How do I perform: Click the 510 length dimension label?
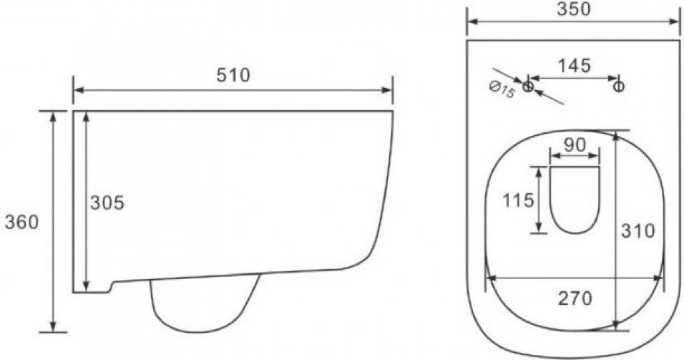(233, 75)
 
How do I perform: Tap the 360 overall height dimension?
(21, 222)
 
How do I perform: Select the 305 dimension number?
(107, 203)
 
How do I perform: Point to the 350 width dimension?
(574, 9)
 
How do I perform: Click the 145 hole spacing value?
(575, 65)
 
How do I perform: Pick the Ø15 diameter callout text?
(502, 90)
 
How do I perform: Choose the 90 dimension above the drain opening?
(575, 145)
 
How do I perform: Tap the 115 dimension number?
(518, 200)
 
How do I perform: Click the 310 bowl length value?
(637, 231)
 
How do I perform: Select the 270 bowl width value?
(575, 298)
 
